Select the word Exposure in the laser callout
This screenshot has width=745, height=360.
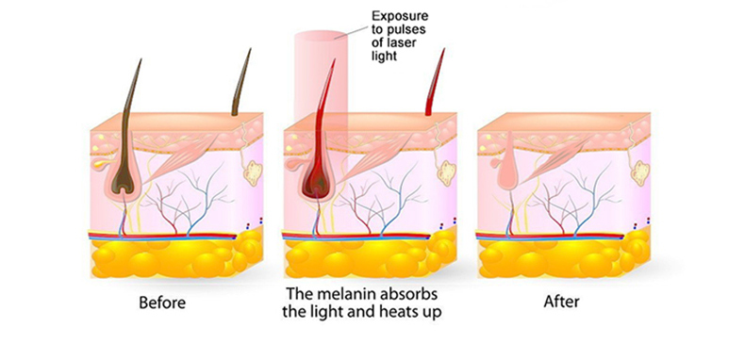pos(399,15)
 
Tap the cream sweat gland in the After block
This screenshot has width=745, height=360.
pos(640,172)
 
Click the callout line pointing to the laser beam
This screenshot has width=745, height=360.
pos(357,28)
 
